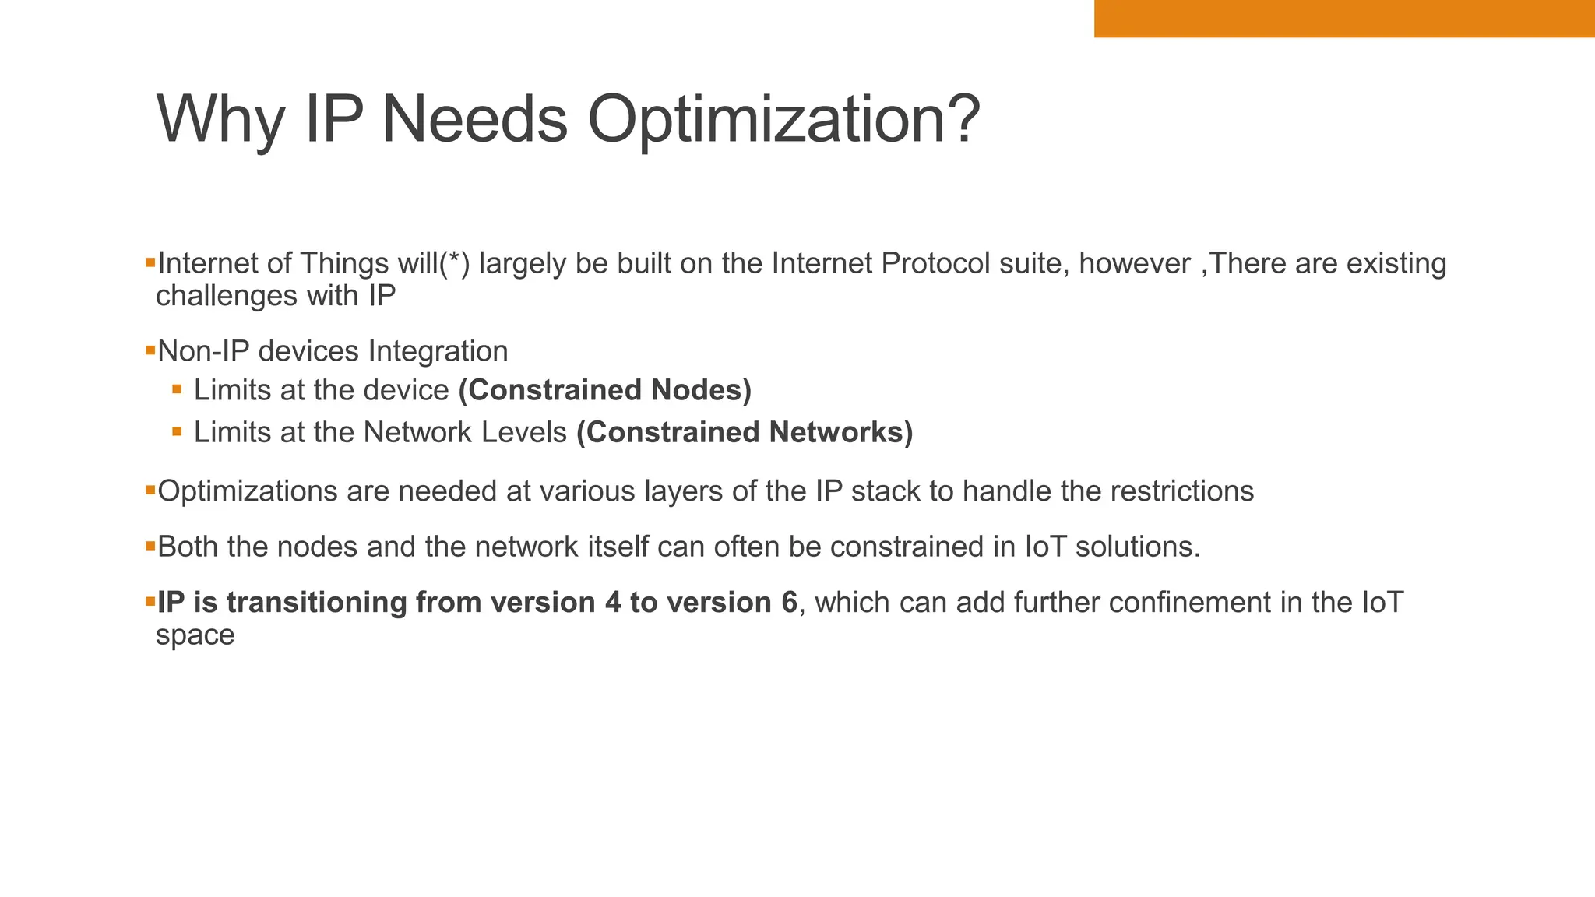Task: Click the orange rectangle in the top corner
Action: [x=1344, y=19]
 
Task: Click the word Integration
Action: [x=438, y=351]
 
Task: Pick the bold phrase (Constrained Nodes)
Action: [x=604, y=390]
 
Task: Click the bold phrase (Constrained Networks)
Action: [x=745, y=432]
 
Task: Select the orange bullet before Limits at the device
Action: [x=177, y=389]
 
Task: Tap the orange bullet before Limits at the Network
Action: [x=177, y=431]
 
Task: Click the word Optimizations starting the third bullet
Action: [x=247, y=491]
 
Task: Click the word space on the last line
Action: [x=195, y=635]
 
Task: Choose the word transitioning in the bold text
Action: [x=316, y=603]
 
